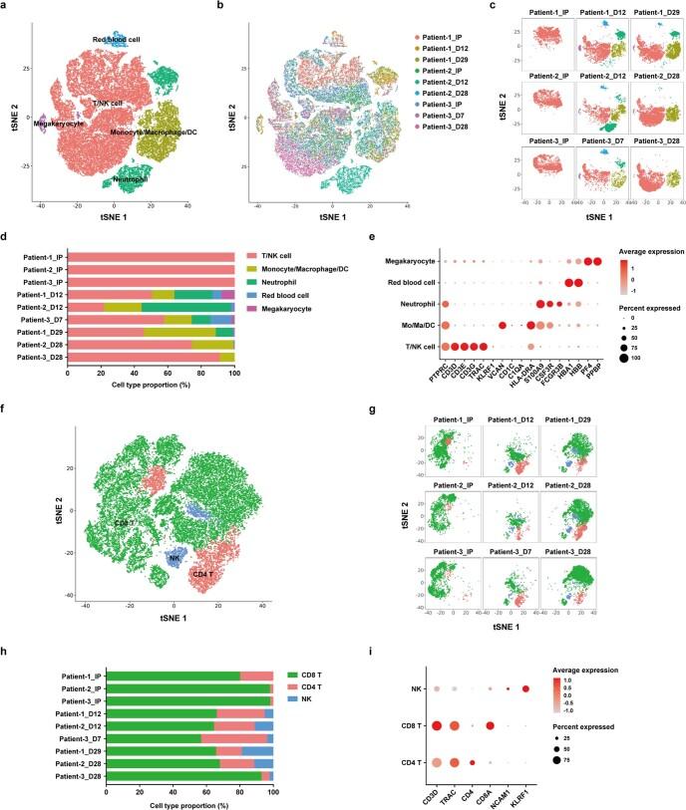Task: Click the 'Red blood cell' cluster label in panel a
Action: [116, 39]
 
